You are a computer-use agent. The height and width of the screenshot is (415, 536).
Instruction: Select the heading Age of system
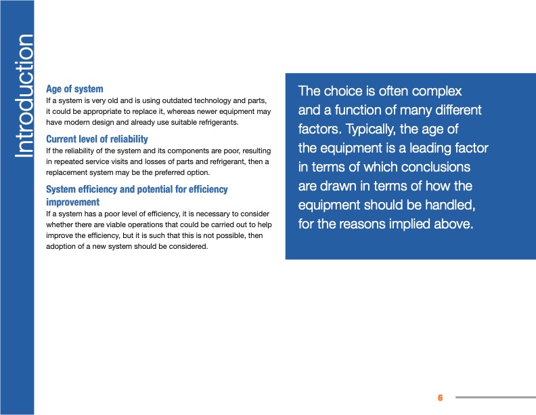(x=74, y=89)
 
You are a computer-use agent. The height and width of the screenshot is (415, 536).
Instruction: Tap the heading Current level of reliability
(x=97, y=139)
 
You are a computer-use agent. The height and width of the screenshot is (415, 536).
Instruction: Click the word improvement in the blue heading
(x=72, y=202)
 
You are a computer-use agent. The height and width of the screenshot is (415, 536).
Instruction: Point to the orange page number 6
(x=440, y=397)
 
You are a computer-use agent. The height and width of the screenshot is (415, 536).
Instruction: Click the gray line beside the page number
(x=495, y=397)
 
